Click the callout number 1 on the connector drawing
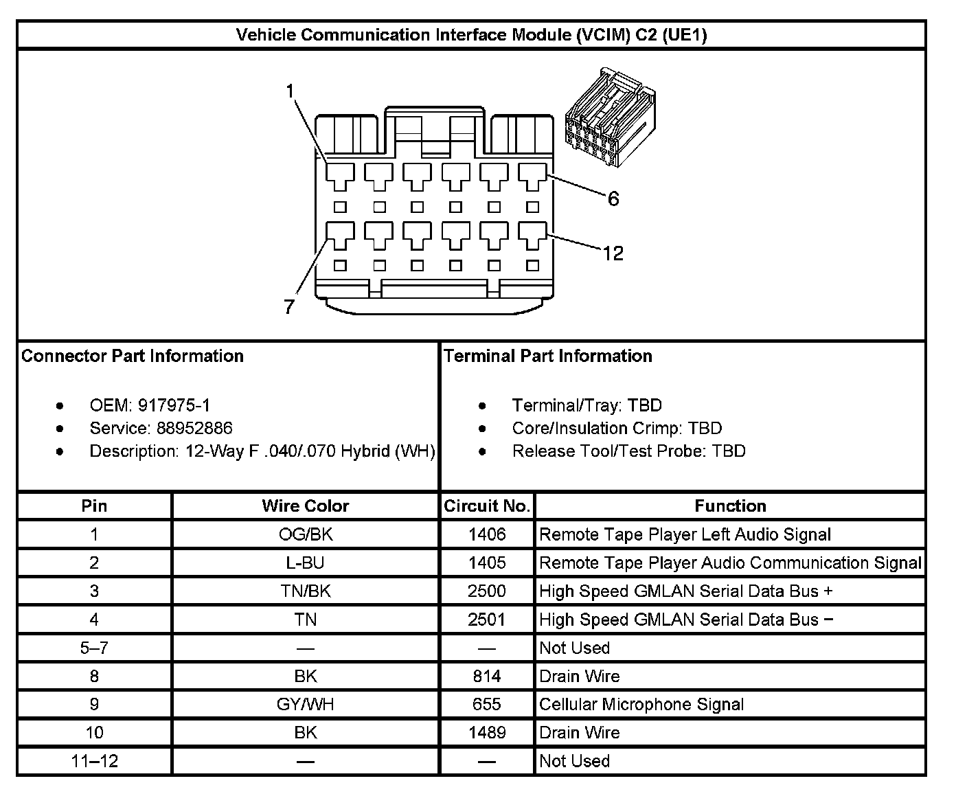[291, 91]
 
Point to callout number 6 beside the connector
[613, 198]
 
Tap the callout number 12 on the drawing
[613, 253]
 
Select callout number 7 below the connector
[289, 306]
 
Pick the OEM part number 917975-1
[174, 405]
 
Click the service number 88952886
[194, 428]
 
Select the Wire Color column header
[305, 506]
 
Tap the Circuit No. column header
[487, 506]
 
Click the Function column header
[730, 506]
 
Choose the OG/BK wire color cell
[305, 534]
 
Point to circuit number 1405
[487, 563]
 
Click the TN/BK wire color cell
[305, 591]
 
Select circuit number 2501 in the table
[487, 620]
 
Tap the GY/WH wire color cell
[305, 704]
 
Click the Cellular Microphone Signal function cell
[641, 704]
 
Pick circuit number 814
[487, 676]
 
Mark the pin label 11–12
[94, 760]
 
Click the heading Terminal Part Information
[547, 356]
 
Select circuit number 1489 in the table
[487, 732]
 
